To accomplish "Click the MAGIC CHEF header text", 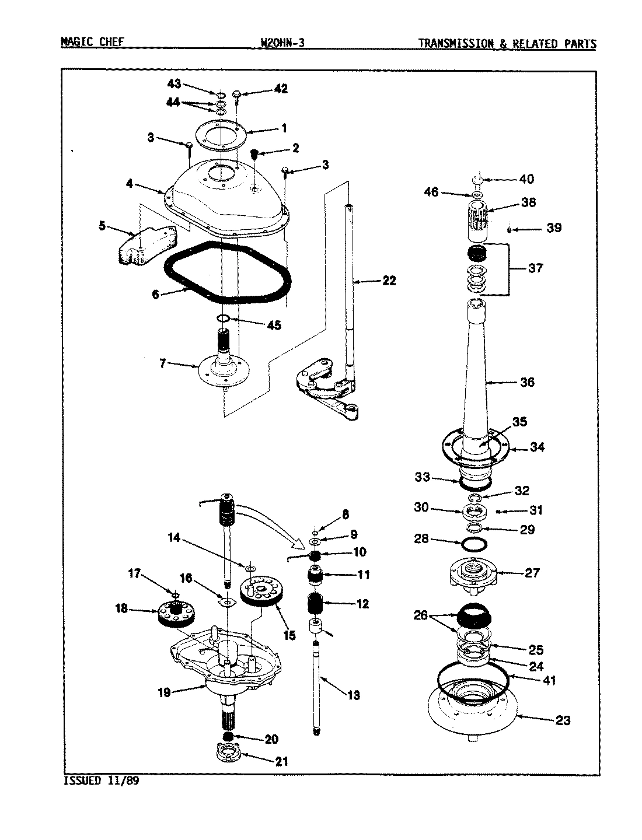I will [92, 43].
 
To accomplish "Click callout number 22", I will [389, 281].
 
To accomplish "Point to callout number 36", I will [526, 383].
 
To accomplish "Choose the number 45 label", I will [273, 325].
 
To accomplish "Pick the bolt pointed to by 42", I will [237, 94].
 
